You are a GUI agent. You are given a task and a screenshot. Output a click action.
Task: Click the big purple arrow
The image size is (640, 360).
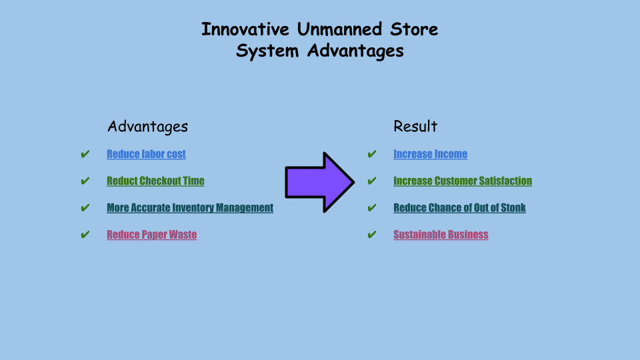coord(319,183)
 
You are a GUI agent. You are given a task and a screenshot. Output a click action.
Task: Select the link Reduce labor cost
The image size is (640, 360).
coord(146,154)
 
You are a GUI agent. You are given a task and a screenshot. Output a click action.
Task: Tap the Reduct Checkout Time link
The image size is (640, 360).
coord(155,181)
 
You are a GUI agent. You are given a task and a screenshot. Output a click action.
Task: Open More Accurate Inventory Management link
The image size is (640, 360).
coord(190,208)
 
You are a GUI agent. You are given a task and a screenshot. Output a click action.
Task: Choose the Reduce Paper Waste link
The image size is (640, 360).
coord(152,235)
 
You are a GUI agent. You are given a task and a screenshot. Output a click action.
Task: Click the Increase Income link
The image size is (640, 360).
coord(430,154)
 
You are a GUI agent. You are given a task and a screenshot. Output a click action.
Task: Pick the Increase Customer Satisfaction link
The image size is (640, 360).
coord(463,181)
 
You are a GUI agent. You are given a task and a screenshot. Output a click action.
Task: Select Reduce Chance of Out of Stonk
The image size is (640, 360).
coord(459,208)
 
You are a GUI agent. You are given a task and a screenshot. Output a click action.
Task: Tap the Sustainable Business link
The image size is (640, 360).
coord(441,235)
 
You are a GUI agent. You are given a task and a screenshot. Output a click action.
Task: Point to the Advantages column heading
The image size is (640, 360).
coord(147,127)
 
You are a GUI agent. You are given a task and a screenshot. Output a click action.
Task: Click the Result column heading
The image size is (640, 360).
coord(415,126)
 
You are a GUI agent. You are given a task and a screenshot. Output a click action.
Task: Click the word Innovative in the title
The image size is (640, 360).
coord(245,29)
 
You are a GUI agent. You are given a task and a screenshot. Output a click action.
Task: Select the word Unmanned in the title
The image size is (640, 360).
coord(339,29)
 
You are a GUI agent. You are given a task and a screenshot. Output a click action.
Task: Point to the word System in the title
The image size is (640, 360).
coord(267,51)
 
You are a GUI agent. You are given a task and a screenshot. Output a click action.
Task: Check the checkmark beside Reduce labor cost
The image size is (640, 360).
coord(85,154)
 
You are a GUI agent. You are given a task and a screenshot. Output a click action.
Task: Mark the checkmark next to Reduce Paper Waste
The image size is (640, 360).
coord(85,235)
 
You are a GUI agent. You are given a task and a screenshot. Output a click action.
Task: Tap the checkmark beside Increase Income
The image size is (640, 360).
coord(371,154)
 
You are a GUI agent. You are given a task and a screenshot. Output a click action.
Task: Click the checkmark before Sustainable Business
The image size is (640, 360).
coord(371,235)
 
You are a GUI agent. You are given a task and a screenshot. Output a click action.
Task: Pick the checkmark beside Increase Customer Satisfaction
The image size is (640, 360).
coord(371,181)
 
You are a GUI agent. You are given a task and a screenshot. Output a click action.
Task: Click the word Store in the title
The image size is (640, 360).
coord(414,29)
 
